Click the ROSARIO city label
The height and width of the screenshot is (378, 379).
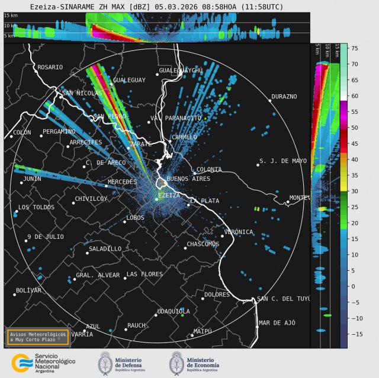50,67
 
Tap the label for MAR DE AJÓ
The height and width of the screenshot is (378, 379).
277,323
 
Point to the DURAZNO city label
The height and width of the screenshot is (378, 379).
284,97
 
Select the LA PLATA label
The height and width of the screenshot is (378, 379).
205,201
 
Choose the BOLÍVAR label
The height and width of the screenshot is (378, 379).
28,290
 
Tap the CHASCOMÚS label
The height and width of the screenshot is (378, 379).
203,244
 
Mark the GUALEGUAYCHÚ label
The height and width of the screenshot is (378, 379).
181,70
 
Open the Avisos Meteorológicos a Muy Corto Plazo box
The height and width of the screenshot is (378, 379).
38,337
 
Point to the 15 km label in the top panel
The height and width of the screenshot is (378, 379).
11,15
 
